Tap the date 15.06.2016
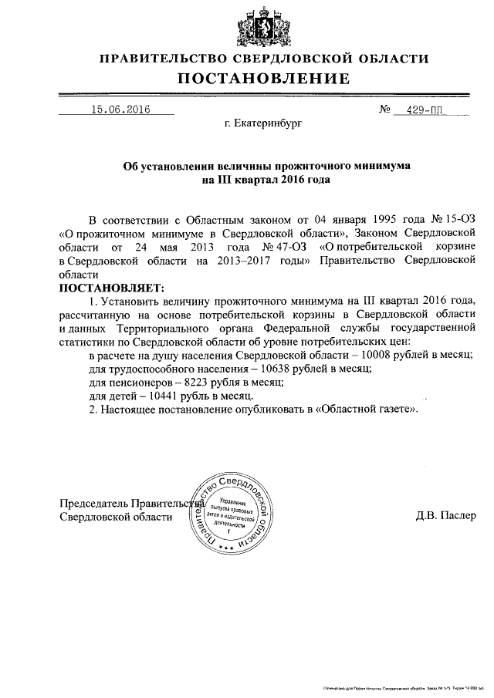[119, 110]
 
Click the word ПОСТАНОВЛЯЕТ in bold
[110, 287]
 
